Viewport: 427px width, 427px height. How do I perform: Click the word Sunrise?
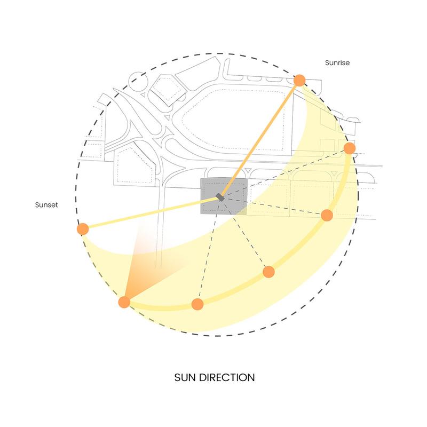click(x=337, y=62)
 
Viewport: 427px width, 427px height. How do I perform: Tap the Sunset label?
click(x=46, y=205)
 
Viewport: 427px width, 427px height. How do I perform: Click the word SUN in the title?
click(x=185, y=377)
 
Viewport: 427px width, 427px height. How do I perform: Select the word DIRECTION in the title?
click(x=227, y=377)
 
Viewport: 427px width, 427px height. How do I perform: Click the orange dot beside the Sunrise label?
click(x=299, y=81)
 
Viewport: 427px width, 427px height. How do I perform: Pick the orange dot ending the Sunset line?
click(x=83, y=229)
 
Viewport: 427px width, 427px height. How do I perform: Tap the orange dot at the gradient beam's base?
click(x=124, y=302)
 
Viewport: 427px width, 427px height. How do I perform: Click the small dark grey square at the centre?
click(x=220, y=197)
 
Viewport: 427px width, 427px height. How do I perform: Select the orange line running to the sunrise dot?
click(x=259, y=139)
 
